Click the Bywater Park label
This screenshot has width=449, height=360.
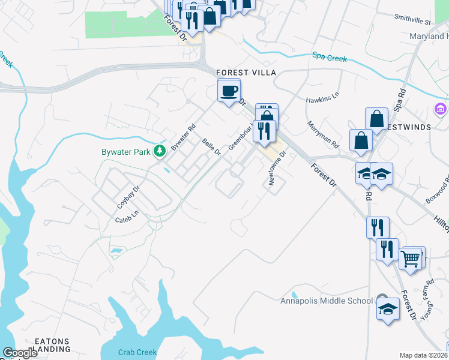pos(125,152)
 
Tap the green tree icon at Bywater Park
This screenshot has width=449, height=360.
pos(160,151)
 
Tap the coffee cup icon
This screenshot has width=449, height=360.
pos(229,91)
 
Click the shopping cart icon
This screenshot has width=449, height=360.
pos(411,259)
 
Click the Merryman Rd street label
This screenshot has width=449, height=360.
pos(323,136)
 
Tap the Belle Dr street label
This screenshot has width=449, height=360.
pos(211,147)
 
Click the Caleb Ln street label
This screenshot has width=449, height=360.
pos(127,216)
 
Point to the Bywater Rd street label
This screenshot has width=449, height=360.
pos(183,137)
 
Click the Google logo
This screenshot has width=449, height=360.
pos(20,353)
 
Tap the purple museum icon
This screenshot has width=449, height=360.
pos(440,110)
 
